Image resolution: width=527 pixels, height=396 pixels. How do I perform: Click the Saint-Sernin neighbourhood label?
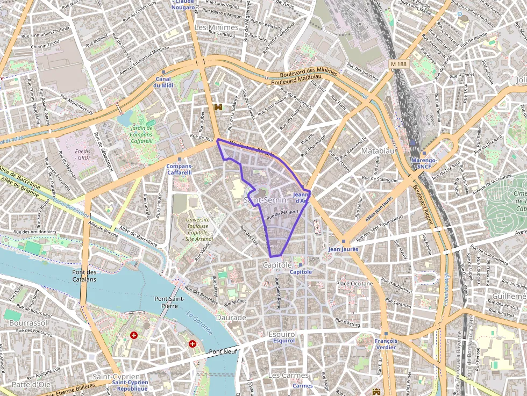click(x=265, y=200)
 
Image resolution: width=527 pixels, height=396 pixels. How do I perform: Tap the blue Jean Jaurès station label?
click(x=343, y=249)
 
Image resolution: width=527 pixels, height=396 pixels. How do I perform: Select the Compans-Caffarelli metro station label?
click(x=179, y=169)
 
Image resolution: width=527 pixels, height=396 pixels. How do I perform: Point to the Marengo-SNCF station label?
click(x=424, y=163)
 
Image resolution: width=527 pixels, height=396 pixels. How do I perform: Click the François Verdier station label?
click(x=386, y=344)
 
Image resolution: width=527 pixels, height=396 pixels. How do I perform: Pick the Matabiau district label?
click(x=378, y=151)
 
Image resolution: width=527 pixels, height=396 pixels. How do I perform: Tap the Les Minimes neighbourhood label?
click(x=216, y=27)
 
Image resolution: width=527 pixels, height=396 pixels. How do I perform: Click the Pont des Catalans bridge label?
click(x=84, y=276)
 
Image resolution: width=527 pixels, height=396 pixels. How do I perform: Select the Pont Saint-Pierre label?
click(x=169, y=302)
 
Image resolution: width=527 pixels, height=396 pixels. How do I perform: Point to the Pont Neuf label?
click(x=223, y=351)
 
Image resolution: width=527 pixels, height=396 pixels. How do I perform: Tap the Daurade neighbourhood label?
click(x=231, y=318)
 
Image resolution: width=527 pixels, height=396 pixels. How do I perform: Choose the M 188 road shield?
click(x=398, y=64)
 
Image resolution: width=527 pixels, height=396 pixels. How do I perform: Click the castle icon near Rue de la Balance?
click(x=218, y=107)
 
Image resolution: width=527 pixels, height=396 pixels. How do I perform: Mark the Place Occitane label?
click(x=354, y=283)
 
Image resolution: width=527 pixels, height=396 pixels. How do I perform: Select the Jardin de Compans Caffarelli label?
click(x=142, y=134)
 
